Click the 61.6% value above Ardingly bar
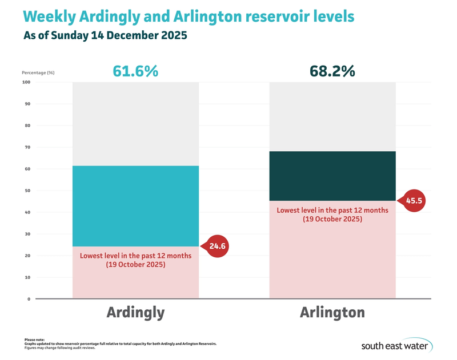[135, 71]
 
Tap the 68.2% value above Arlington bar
[332, 71]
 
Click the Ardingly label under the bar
[135, 313]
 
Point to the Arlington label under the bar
[332, 313]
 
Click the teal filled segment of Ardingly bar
[135, 206]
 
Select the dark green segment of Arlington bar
[332, 176]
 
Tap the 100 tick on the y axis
[27, 82]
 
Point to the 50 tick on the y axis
[27, 191]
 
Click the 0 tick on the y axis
[28, 299]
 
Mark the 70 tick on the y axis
[27, 147]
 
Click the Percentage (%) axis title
[39, 72]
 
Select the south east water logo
[396, 346]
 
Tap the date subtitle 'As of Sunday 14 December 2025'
[106, 35]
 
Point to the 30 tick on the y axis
[27, 234]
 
